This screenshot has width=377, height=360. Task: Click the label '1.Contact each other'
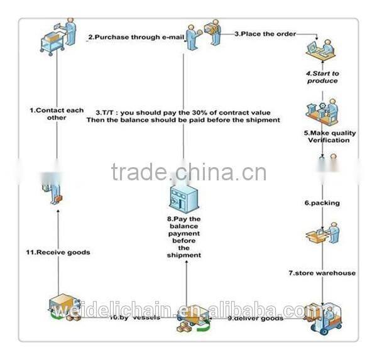click(57, 114)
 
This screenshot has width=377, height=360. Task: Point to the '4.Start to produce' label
click(322, 77)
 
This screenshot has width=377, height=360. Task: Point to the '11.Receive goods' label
click(58, 252)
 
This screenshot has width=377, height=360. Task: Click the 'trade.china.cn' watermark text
click(188, 172)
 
